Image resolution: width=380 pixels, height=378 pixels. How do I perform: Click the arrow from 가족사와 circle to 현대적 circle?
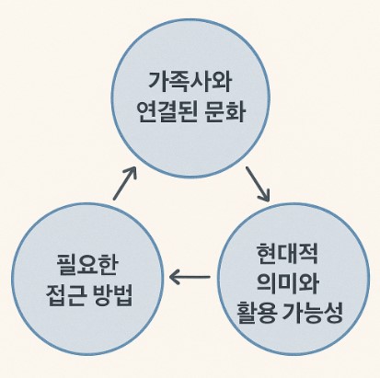(258, 183)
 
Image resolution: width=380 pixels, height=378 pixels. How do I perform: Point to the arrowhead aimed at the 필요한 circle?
(177, 275)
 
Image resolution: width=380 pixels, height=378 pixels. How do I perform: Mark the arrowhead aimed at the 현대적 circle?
(265, 196)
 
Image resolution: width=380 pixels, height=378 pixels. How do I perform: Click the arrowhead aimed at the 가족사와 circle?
(132, 171)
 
